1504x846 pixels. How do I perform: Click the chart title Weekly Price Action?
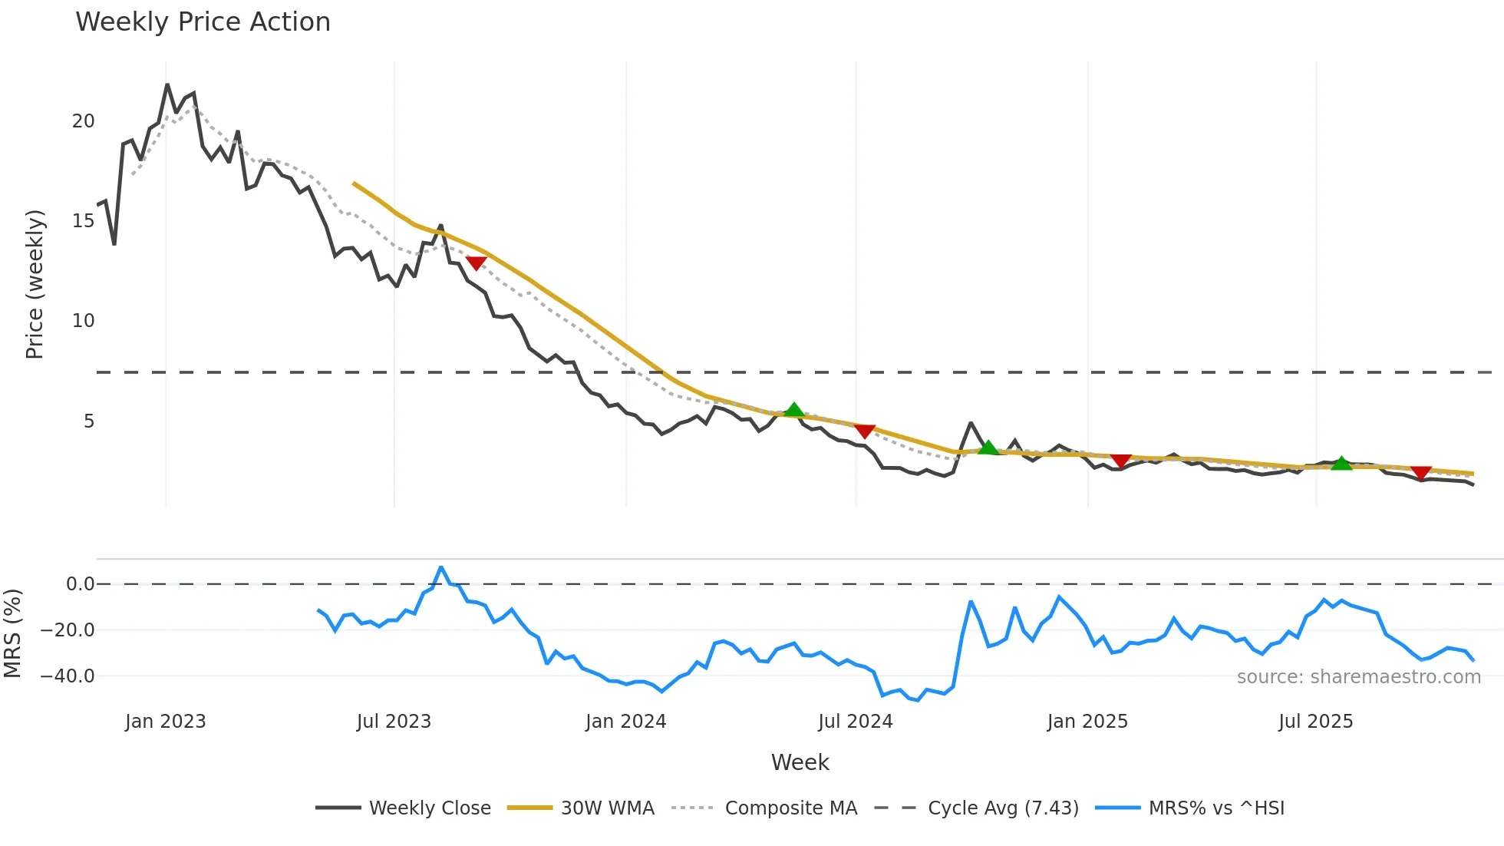(203, 22)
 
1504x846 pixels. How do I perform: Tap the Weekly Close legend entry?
(430, 808)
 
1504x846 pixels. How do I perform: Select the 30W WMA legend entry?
(607, 808)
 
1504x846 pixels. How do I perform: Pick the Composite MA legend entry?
(790, 808)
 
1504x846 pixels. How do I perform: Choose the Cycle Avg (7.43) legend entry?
(1003, 808)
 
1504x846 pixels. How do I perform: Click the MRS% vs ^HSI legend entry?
(1216, 808)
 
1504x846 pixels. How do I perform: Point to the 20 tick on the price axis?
(84, 121)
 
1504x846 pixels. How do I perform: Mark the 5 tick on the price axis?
(89, 421)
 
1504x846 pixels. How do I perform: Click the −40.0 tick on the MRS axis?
(68, 676)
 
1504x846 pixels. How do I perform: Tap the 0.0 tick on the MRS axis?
(80, 584)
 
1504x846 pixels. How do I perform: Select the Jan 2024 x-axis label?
(625, 722)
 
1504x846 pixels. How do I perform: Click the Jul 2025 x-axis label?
(1315, 722)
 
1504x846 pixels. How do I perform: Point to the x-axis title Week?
(800, 762)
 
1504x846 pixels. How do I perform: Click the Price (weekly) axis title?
(35, 284)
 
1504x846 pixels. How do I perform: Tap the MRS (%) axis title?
(13, 633)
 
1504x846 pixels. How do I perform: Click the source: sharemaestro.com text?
(1358, 677)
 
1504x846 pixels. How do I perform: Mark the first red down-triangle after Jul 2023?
(477, 263)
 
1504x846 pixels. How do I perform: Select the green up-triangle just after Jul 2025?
(1341, 463)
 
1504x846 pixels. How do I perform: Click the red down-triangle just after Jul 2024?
(865, 431)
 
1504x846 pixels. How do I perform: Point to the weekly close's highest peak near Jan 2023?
(167, 84)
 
